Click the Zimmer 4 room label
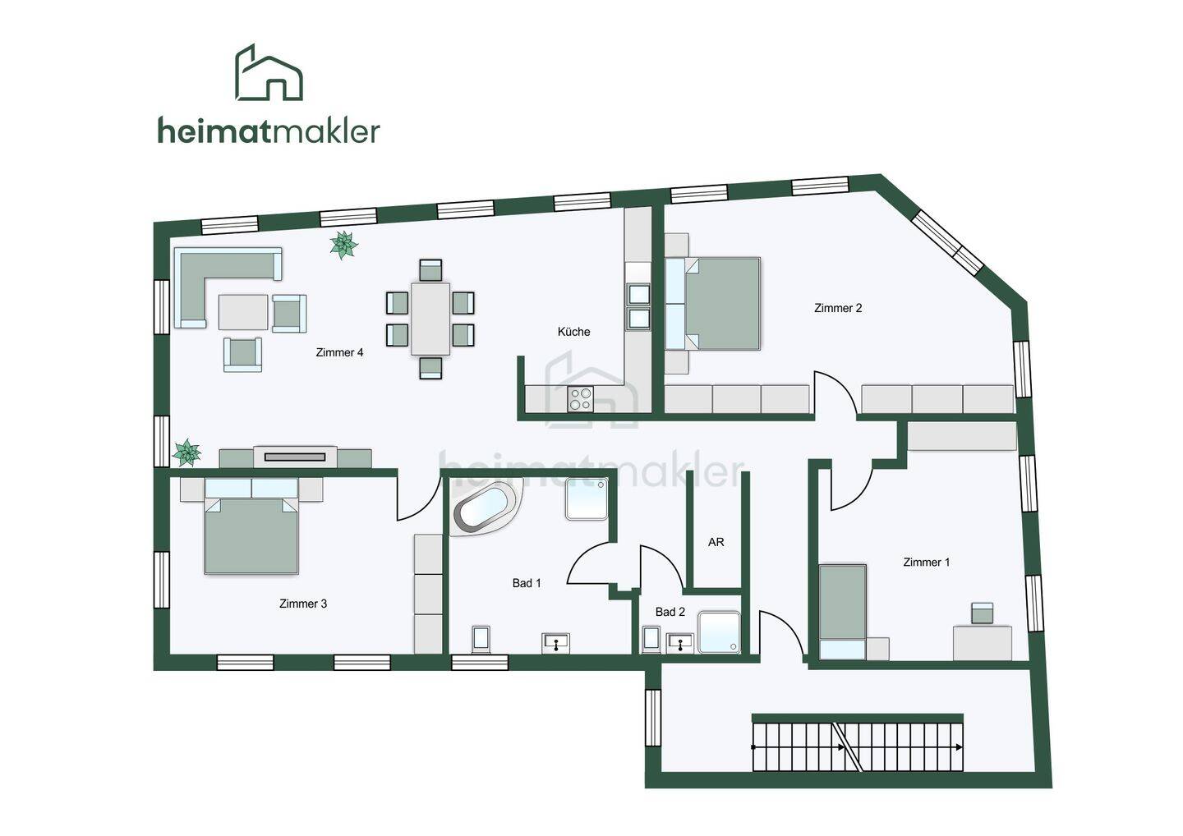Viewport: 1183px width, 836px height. tap(339, 352)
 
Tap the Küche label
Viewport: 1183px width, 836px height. tap(573, 332)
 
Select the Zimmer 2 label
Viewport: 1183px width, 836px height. tap(838, 308)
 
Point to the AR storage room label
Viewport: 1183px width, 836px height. tap(716, 542)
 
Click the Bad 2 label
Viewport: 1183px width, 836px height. tap(670, 612)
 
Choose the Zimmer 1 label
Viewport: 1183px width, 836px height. tap(926, 562)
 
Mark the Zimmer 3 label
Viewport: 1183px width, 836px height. tap(303, 604)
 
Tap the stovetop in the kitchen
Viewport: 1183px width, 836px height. tap(581, 398)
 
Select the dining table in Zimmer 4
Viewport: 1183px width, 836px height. tap(430, 319)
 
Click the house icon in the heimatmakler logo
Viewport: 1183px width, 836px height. tap(269, 74)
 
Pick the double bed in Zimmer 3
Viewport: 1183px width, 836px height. tap(251, 534)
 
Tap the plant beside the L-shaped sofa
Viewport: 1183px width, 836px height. tap(343, 245)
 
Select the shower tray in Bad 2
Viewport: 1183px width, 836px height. tap(719, 632)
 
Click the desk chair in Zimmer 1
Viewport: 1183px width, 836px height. tap(982, 613)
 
